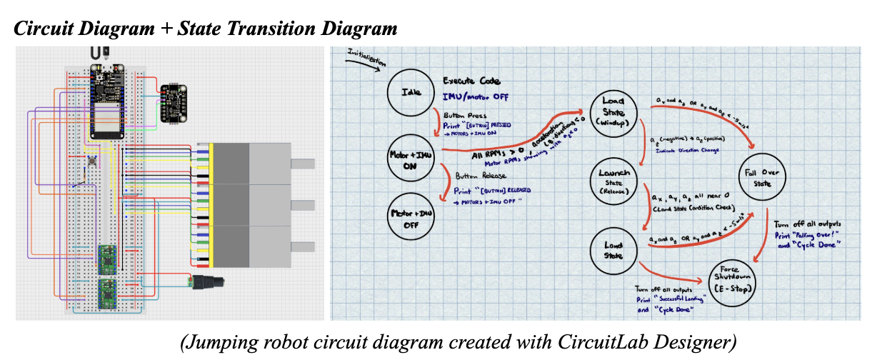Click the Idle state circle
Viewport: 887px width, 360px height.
coord(411,91)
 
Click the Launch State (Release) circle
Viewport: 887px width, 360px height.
coord(613,181)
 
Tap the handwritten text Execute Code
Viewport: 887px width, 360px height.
coord(471,81)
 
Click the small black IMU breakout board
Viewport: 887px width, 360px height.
coord(173,104)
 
